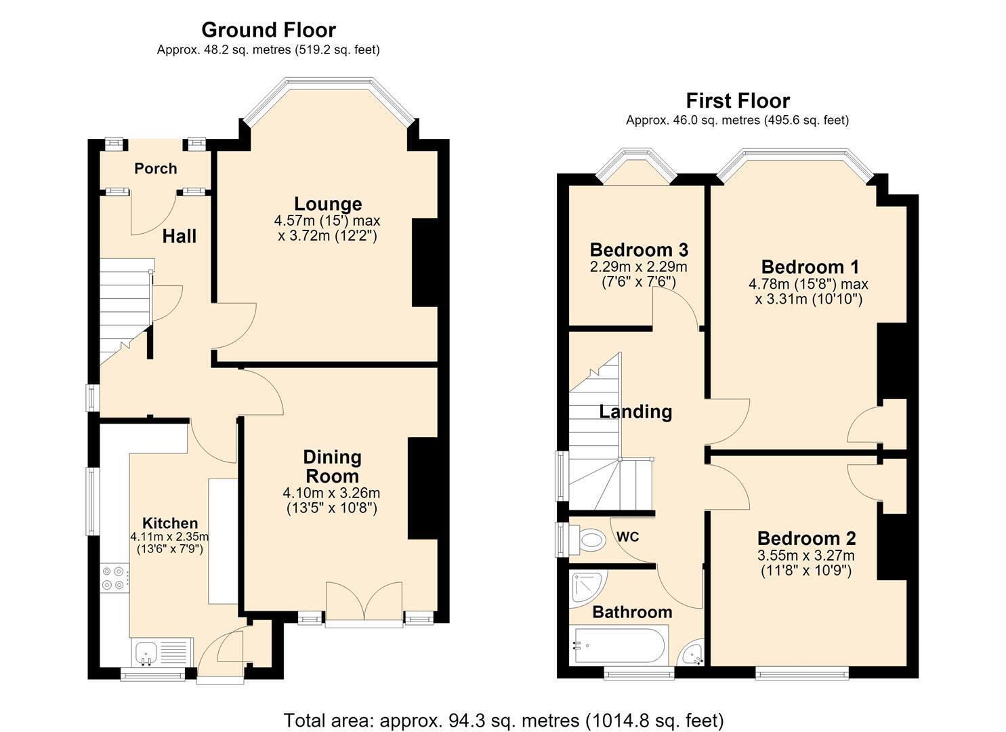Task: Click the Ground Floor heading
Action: tap(268, 30)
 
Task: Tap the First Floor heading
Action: tap(738, 101)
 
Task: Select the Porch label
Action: tap(155, 169)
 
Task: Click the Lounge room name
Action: tap(328, 203)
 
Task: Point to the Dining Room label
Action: tap(333, 466)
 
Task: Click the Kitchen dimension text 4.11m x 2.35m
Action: tap(170, 537)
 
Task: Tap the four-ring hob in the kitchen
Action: tap(114, 578)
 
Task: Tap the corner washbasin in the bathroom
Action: tap(693, 654)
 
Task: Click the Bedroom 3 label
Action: tap(639, 249)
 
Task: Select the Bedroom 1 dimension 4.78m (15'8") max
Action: tap(808, 284)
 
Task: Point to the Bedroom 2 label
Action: tap(807, 538)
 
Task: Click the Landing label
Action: tap(635, 411)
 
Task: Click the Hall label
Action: tap(180, 237)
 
